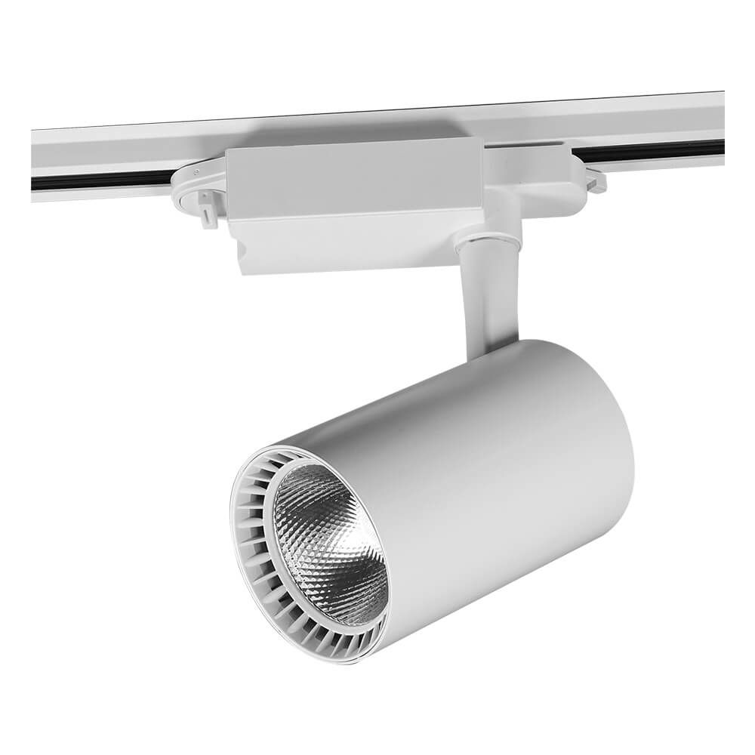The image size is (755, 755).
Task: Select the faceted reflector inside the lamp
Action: [x=317, y=528]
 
